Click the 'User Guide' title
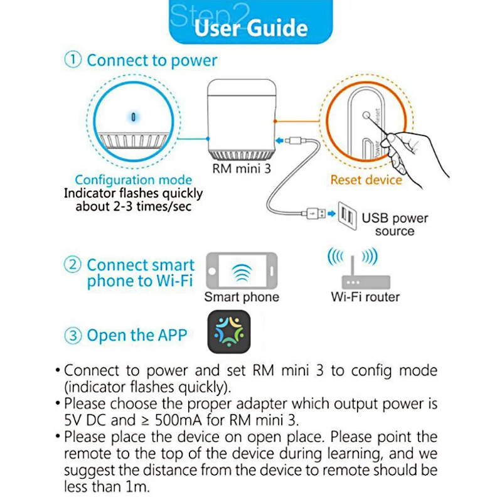click(250, 28)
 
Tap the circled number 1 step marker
click(73, 60)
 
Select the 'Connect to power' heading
click(152, 60)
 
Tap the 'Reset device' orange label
click(366, 180)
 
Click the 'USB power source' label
click(395, 225)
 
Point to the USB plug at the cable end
click(314, 213)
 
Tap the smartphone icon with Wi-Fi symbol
click(241, 271)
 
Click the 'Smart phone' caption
click(242, 297)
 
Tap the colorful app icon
click(228, 333)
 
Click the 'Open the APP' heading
click(137, 336)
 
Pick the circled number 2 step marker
click(73, 265)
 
